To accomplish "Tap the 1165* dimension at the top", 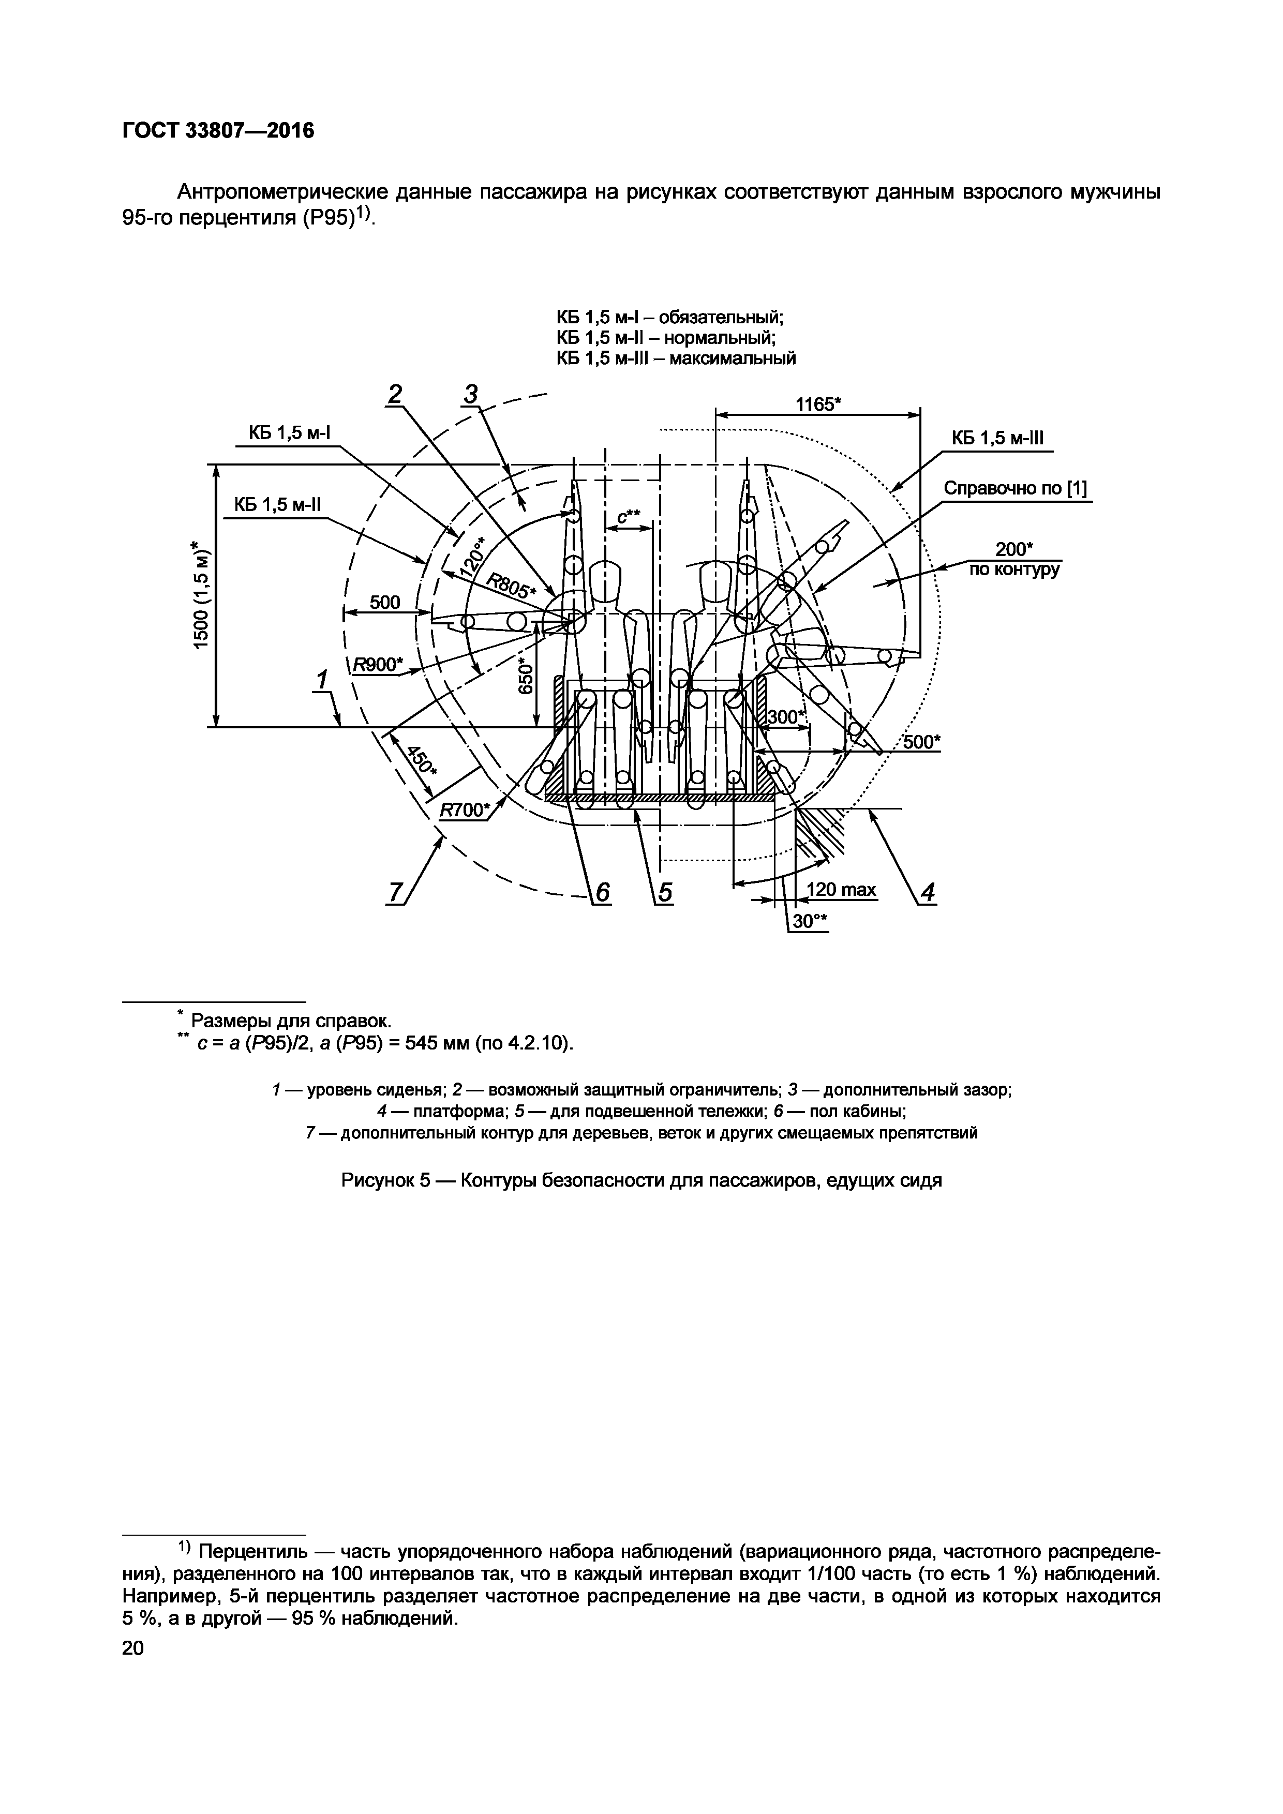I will (818, 404).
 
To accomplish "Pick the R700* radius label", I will (464, 810).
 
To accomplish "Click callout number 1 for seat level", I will (322, 680).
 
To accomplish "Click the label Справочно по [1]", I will (1015, 489).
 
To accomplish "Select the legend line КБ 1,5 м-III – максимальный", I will (676, 358).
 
